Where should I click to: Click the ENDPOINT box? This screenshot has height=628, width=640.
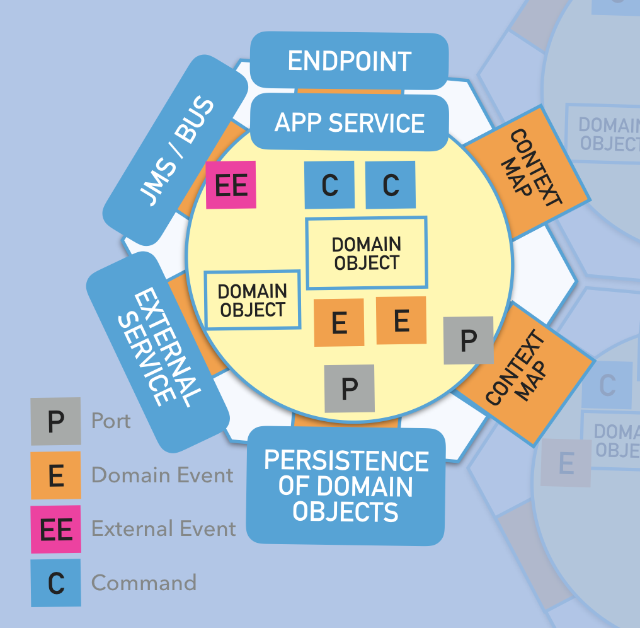coord(349,61)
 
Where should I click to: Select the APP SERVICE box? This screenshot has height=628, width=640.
coord(349,122)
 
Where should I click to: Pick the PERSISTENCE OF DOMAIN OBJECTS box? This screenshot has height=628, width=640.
coord(346,486)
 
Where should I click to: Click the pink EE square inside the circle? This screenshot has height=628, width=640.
coord(231,185)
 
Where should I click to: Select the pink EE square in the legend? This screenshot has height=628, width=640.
coord(56,530)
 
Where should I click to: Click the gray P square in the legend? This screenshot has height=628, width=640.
coord(56,421)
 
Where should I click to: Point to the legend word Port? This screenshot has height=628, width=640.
coord(111,421)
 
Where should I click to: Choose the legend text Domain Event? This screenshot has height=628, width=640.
coord(163,475)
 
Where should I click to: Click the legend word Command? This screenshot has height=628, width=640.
coord(144,583)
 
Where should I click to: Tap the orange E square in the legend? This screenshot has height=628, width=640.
coord(56,475)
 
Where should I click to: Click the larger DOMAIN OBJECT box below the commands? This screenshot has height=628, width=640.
coord(366,253)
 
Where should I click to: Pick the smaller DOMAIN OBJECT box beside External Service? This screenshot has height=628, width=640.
coord(252,300)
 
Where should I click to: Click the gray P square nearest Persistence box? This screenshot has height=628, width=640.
coord(350,388)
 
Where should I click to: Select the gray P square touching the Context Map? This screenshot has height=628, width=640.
coord(468,340)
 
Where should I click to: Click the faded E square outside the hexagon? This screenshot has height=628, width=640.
coord(566,463)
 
